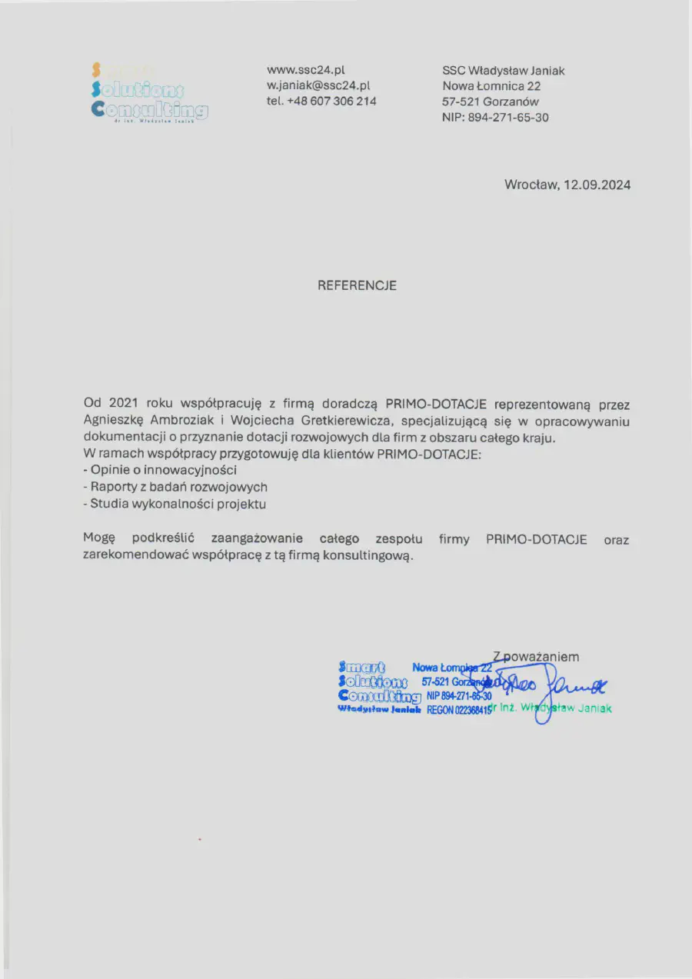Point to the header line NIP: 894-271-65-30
(x=495, y=118)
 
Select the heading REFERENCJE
(x=358, y=285)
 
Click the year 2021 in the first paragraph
(x=123, y=404)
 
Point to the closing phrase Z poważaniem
(x=536, y=657)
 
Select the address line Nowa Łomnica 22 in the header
(x=491, y=86)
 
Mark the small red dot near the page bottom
(x=199, y=839)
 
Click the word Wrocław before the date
(x=531, y=185)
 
